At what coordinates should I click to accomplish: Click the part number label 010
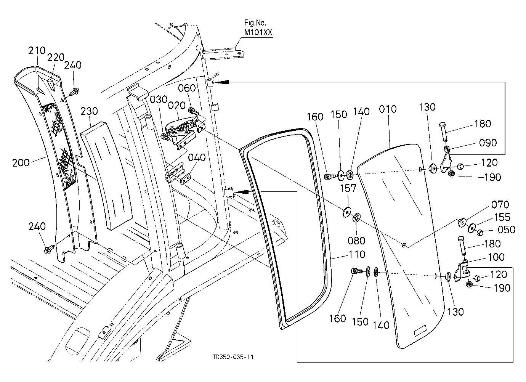pyautogui.click(x=388, y=109)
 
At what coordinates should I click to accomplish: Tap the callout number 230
pyautogui.click(x=89, y=111)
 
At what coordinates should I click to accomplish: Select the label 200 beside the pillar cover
pyautogui.click(x=21, y=163)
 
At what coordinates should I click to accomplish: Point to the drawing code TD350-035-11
pyautogui.click(x=233, y=357)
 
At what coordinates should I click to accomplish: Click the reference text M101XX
pyautogui.click(x=258, y=32)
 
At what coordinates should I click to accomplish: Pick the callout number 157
pyautogui.click(x=348, y=188)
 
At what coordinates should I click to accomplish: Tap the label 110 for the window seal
pyautogui.click(x=357, y=254)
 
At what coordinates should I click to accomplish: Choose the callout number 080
pyautogui.click(x=356, y=241)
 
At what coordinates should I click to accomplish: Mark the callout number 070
pyautogui.click(x=500, y=205)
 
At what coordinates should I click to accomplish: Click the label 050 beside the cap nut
pyautogui.click(x=507, y=230)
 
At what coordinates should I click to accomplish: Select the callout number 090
pyautogui.click(x=488, y=143)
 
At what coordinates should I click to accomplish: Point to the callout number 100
pyautogui.click(x=496, y=257)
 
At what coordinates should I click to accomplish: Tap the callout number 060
pyautogui.click(x=187, y=88)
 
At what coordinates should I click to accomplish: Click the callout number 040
pyautogui.click(x=197, y=157)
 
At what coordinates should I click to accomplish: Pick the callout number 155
pyautogui.click(x=502, y=217)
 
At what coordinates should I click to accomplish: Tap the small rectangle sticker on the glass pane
pyautogui.click(x=420, y=332)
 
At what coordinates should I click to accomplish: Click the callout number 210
pyautogui.click(x=37, y=51)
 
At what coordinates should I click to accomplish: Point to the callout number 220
pyautogui.click(x=56, y=57)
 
